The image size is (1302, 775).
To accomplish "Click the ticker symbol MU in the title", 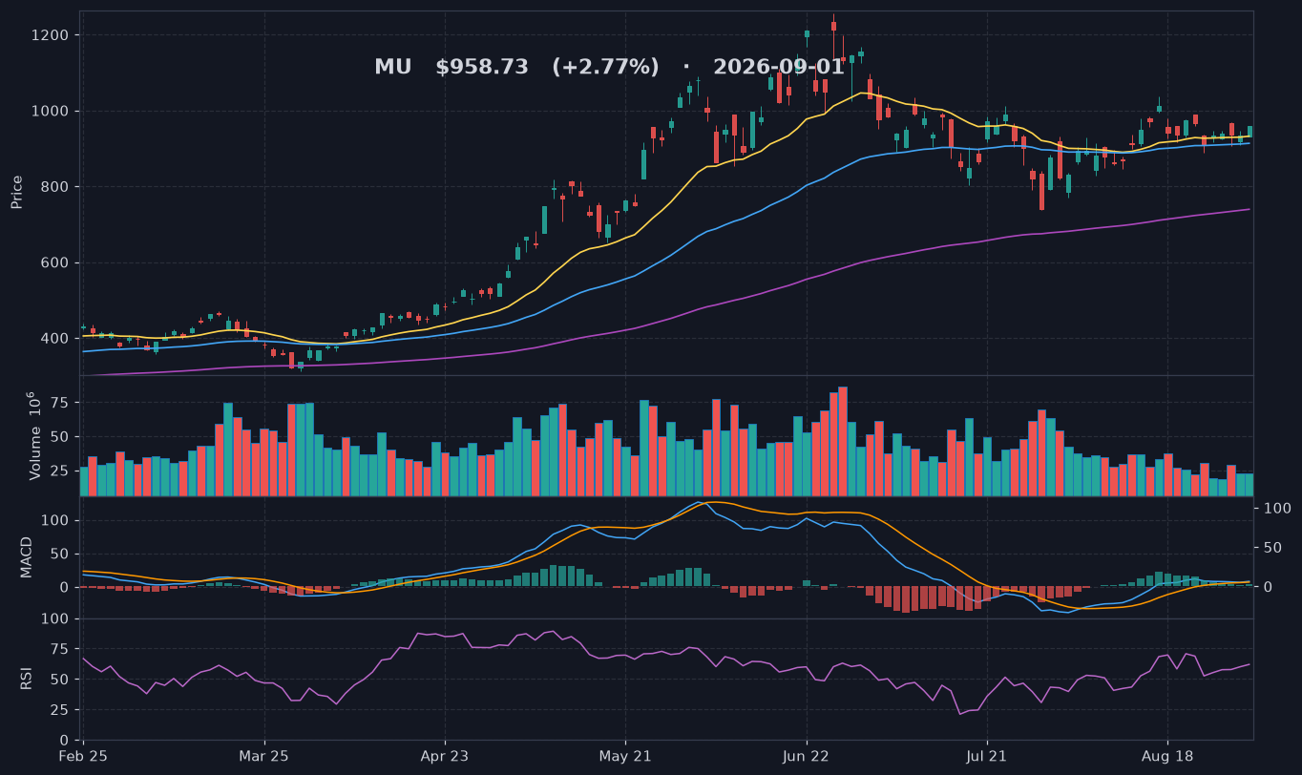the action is [393, 67].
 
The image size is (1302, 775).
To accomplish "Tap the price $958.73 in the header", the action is [482, 67].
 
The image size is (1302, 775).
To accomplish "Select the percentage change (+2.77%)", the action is [605, 67].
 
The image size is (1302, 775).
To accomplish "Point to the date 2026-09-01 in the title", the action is [778, 67].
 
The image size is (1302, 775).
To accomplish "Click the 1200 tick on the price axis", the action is [50, 35].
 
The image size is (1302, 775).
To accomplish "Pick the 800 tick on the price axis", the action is [54, 187].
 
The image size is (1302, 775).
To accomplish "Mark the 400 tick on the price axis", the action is [54, 339].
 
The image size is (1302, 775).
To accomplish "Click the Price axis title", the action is [16, 192].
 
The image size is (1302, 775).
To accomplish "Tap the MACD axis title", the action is [26, 557].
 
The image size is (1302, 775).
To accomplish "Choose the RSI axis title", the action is [26, 679].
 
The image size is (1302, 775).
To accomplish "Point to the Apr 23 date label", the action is [445, 757].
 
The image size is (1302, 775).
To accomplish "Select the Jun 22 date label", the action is [807, 757].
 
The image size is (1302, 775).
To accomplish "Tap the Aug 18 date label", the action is [1167, 757].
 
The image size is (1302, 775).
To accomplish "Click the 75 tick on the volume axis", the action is [60, 403].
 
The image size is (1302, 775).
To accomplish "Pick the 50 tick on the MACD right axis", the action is [1273, 548].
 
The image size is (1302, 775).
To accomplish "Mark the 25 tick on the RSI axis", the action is [60, 710].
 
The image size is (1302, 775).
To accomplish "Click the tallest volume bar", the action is [843, 441].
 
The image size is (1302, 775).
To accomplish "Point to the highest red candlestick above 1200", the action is [833, 26].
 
